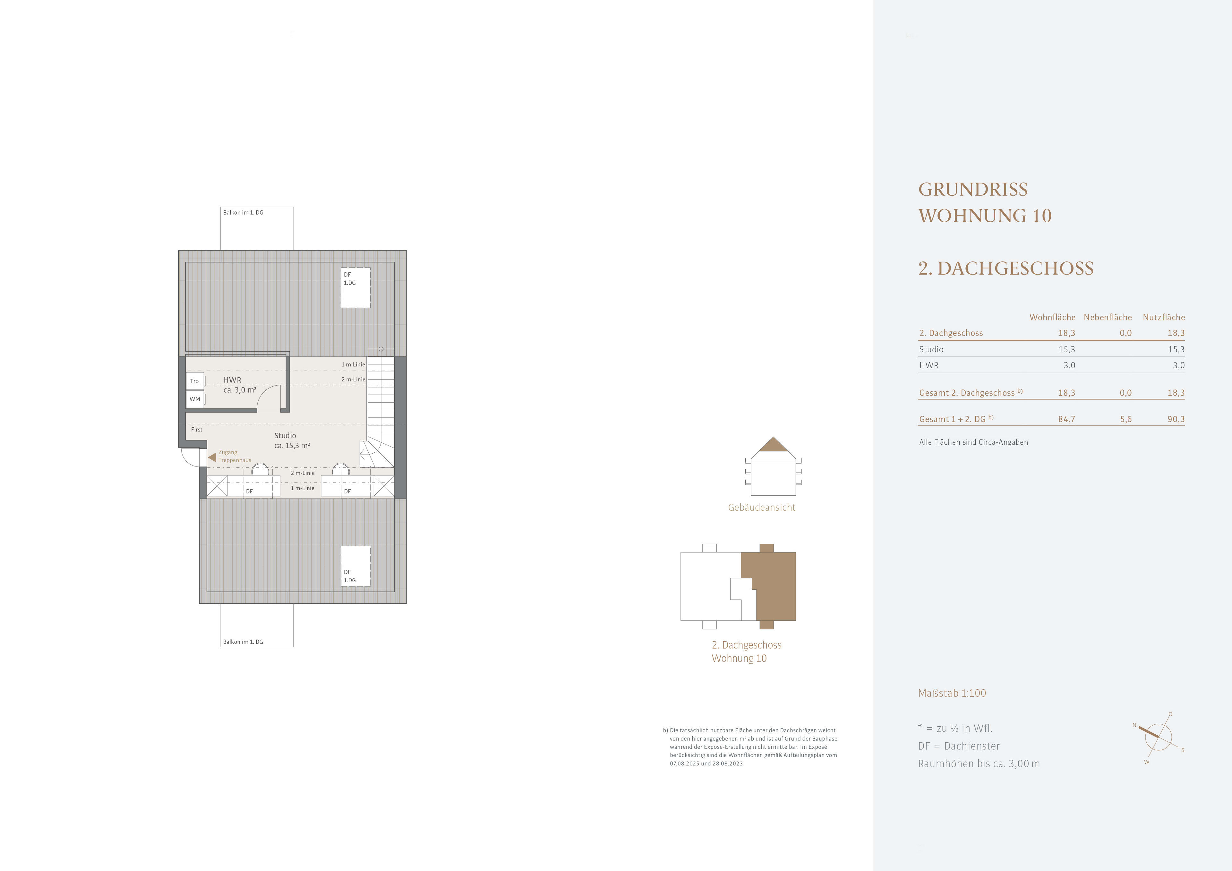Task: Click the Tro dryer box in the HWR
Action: pyautogui.click(x=195, y=381)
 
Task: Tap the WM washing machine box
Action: pyautogui.click(x=195, y=399)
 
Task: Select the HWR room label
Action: pyautogui.click(x=232, y=380)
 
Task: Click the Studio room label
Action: pyautogui.click(x=285, y=436)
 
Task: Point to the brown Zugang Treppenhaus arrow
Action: pyautogui.click(x=212, y=457)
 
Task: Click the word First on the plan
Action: pyautogui.click(x=197, y=429)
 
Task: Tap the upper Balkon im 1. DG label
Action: pyautogui.click(x=243, y=212)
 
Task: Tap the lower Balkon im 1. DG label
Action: pyautogui.click(x=243, y=642)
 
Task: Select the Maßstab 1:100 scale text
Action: pyautogui.click(x=952, y=693)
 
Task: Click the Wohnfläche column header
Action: pyautogui.click(x=1052, y=317)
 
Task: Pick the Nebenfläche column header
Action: pyautogui.click(x=1108, y=317)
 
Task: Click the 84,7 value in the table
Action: pyautogui.click(x=1067, y=419)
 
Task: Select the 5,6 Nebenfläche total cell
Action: pyautogui.click(x=1126, y=419)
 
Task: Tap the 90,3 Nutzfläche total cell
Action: pyautogui.click(x=1176, y=419)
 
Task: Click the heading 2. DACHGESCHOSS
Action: pyautogui.click(x=1005, y=268)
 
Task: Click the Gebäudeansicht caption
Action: pyautogui.click(x=761, y=507)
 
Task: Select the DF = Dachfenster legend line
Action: pyautogui.click(x=959, y=746)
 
